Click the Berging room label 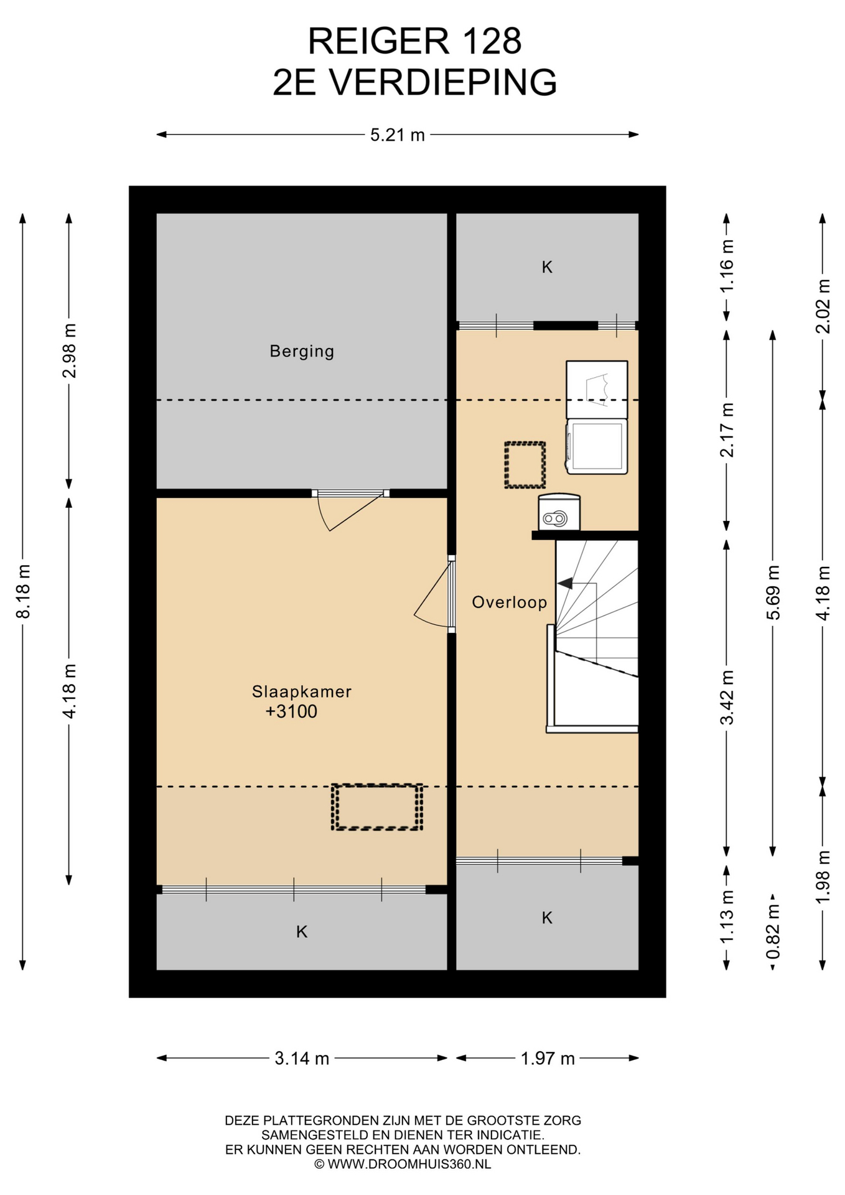coord(302,352)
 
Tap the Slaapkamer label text coord(302,691)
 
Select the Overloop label coord(510,602)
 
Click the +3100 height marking coord(291,711)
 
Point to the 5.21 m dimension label coord(398,134)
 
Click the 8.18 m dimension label coord(23,591)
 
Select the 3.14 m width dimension coord(302,1058)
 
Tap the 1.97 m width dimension coord(548,1058)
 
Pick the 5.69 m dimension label coord(773,593)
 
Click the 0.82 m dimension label coord(773,931)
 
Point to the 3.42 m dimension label coord(727,697)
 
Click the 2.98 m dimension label coord(69,351)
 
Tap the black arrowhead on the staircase coord(565,584)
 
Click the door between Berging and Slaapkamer coord(350,509)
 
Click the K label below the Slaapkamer coord(302,932)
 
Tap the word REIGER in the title coord(378,41)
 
